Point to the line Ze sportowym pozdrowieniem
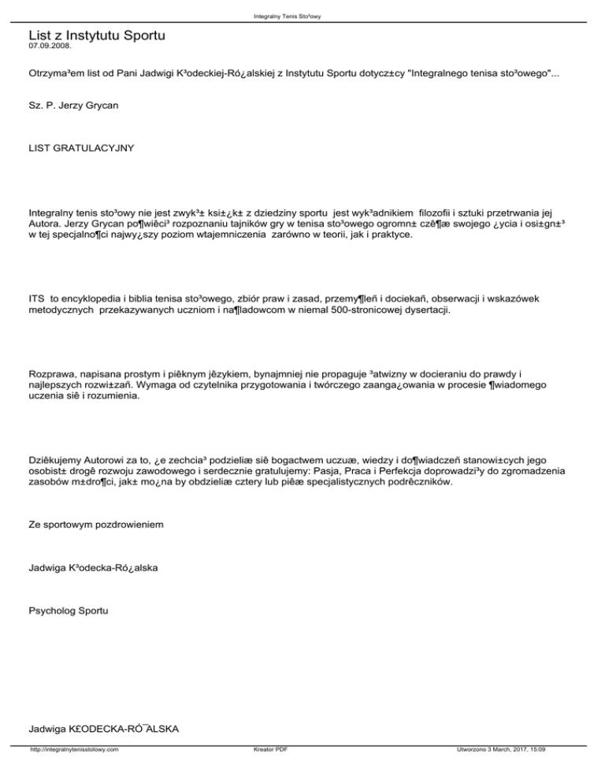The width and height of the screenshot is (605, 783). pyautogui.click(x=96, y=522)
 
